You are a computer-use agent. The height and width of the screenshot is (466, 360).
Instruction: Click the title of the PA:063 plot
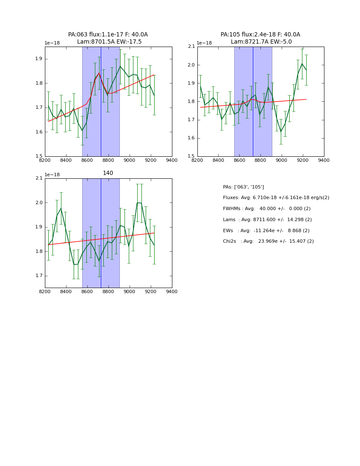tap(108, 38)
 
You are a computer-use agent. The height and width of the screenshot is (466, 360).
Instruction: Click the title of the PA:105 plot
tap(260, 38)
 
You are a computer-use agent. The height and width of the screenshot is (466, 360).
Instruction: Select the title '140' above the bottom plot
tap(108, 173)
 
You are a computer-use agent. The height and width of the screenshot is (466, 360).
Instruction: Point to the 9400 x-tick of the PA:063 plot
tap(172, 160)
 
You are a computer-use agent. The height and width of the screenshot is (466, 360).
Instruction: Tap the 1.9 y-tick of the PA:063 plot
tap(39, 59)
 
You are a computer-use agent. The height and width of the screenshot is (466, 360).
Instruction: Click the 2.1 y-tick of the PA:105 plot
tap(191, 47)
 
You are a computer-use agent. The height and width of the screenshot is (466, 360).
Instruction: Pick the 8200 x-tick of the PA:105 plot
tap(197, 160)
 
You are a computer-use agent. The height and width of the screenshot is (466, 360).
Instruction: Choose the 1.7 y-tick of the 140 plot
tap(39, 276)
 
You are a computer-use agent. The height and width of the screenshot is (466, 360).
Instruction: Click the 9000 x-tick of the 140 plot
tap(130, 292)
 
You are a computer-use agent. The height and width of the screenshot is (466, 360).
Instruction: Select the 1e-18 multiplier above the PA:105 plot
tap(204, 43)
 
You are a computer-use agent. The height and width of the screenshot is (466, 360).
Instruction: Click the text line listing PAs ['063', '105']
tap(243, 187)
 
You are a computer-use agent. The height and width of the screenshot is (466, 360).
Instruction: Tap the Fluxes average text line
tap(276, 198)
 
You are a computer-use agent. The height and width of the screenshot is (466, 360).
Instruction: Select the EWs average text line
tap(266, 230)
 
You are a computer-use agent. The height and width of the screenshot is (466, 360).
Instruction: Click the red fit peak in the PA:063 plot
tap(99, 73)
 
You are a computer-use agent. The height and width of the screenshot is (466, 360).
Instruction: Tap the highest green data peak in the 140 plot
tap(138, 202)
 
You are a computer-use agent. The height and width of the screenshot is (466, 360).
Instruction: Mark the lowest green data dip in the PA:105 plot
tap(281, 132)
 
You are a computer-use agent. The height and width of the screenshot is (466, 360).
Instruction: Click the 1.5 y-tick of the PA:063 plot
tap(39, 156)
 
